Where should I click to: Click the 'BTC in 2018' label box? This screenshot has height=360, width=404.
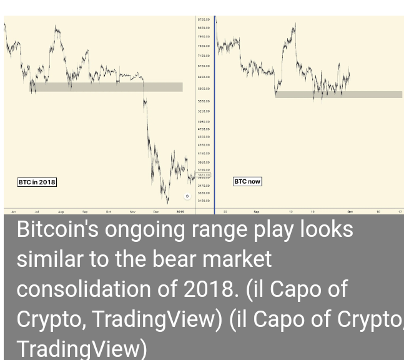(37, 182)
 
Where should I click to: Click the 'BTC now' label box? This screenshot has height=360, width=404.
(247, 181)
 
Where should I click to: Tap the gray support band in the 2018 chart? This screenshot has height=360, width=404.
(107, 87)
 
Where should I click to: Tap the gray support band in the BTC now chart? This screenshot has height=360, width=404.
(338, 95)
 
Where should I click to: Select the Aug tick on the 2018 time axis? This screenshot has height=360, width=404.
(61, 212)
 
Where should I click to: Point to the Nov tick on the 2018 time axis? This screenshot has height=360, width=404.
(132, 212)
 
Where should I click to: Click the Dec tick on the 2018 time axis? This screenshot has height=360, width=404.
(156, 212)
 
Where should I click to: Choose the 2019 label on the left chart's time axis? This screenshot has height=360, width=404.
(180, 212)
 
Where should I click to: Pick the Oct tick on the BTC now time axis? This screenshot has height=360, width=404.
(350, 212)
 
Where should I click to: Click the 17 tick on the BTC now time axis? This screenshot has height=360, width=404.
(400, 212)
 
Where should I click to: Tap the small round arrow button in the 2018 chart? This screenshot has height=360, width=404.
(187, 196)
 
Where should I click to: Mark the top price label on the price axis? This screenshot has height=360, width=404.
(204, 20)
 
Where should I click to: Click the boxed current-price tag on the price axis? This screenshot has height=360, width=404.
(204, 175)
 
